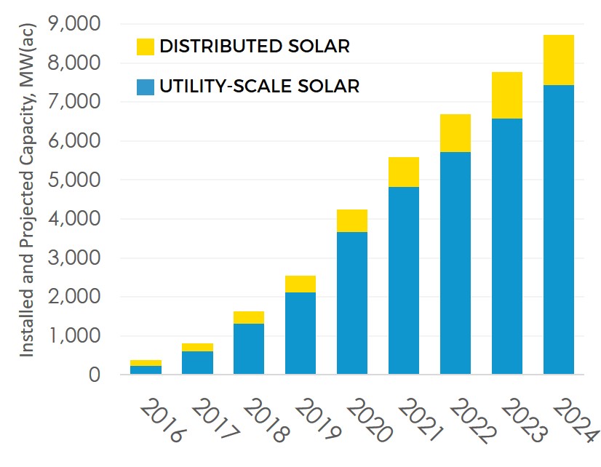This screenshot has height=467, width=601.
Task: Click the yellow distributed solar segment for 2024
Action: pos(558,60)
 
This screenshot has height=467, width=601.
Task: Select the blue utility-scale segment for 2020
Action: pos(352,303)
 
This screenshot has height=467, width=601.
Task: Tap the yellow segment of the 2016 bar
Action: pos(146,363)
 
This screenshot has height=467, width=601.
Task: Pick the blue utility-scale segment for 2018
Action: pos(249,349)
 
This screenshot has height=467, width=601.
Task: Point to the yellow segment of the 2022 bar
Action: pos(455,133)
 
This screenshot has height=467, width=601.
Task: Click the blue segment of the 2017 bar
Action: pos(197,363)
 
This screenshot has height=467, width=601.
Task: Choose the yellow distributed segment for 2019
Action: pos(300,284)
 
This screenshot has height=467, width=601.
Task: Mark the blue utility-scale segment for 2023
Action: pos(506,247)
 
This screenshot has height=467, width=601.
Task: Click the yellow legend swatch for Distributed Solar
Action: pos(146,47)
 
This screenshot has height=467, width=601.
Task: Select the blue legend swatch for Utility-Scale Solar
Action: pos(146,87)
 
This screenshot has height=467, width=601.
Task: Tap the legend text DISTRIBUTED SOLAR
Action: pos(255,47)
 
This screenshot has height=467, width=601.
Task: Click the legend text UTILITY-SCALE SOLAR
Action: pos(259,87)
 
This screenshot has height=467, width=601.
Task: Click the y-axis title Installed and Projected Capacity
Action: pos(27,218)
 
